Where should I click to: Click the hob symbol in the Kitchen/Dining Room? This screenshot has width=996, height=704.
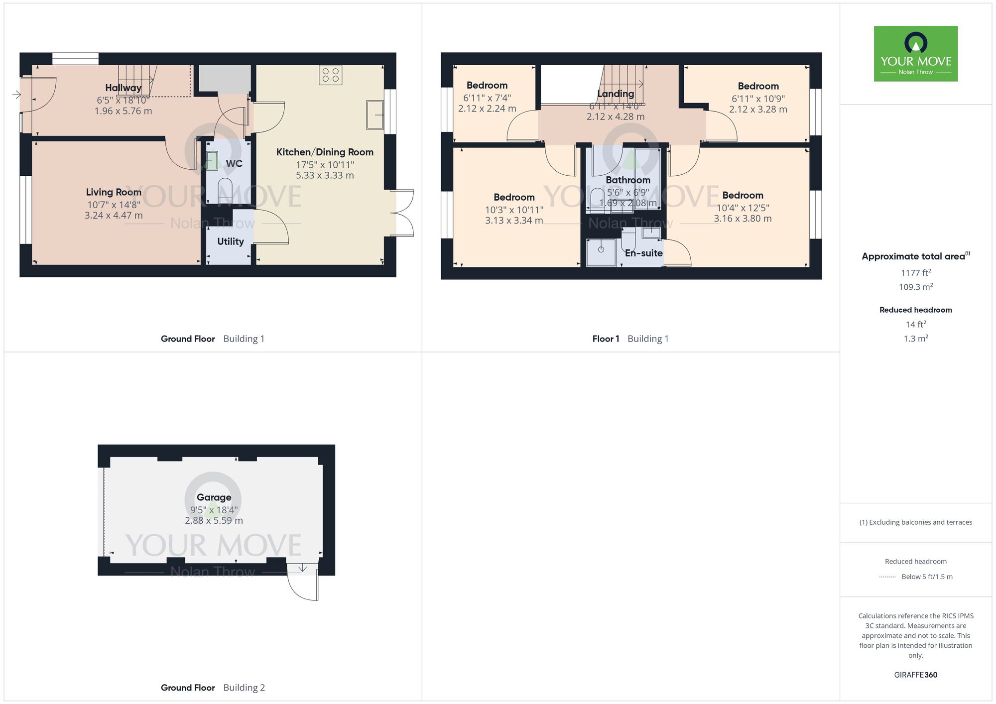pyautogui.click(x=331, y=75)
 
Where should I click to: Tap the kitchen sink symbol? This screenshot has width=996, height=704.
pyautogui.click(x=374, y=115)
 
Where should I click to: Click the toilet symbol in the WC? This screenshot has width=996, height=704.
pyautogui.click(x=225, y=190)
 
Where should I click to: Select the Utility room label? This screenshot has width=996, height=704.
pyautogui.click(x=231, y=241)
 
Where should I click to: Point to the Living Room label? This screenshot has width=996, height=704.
pyautogui.click(x=114, y=192)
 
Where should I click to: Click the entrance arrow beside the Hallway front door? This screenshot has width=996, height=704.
pyautogui.click(x=16, y=95)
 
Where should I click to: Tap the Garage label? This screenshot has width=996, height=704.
pyautogui.click(x=214, y=497)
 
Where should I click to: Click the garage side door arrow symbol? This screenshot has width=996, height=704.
pyautogui.click(x=302, y=568)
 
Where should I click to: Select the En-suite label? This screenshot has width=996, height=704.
pyautogui.click(x=643, y=253)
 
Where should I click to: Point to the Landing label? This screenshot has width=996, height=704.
pyautogui.click(x=616, y=94)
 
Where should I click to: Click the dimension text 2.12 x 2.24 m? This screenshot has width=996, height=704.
pyautogui.click(x=487, y=109)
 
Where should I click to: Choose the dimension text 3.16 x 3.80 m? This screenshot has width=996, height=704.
pyautogui.click(x=743, y=219)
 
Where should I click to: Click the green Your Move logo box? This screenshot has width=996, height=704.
pyautogui.click(x=915, y=54)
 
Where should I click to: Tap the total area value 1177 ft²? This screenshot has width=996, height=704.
pyautogui.click(x=915, y=273)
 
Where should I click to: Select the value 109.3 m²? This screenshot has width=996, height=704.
pyautogui.click(x=915, y=287)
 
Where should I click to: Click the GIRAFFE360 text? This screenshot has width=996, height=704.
pyautogui.click(x=915, y=675)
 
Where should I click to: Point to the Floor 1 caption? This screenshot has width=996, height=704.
pyautogui.click(x=606, y=339)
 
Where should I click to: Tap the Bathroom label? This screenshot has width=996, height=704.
pyautogui.click(x=627, y=180)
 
